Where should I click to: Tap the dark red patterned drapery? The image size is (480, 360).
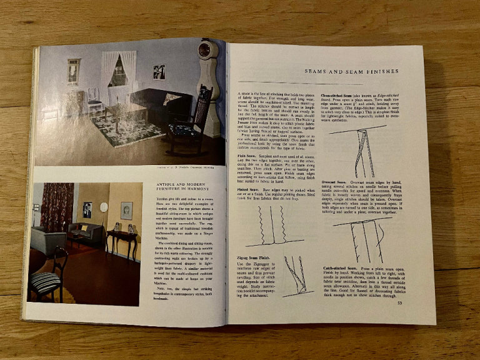[57, 207]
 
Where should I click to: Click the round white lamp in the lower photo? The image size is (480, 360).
[104, 207]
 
